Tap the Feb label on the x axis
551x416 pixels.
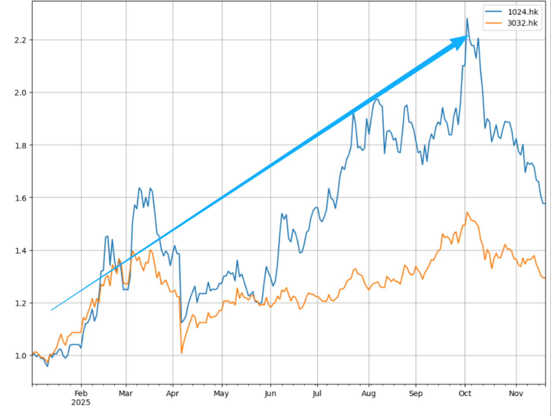tap(81, 394)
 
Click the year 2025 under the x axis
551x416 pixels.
tap(81, 403)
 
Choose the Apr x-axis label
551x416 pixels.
tap(173, 394)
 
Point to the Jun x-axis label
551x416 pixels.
tap(270, 394)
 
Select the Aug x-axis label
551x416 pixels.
tap(369, 394)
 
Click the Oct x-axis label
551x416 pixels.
tap(465, 394)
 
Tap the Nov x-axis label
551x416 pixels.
tap(516, 394)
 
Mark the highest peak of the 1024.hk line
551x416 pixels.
tap(467, 19)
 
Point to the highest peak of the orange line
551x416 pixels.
tap(467, 213)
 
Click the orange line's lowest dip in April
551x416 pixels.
tap(182, 353)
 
